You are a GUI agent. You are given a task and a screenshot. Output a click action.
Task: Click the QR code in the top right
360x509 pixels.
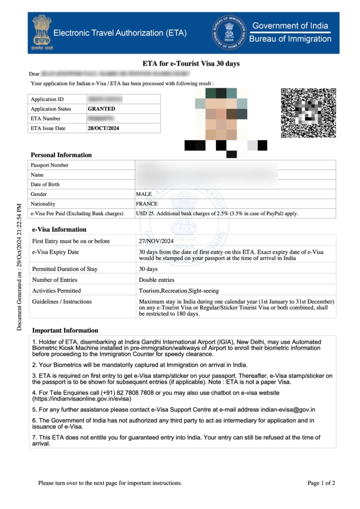click(308, 113)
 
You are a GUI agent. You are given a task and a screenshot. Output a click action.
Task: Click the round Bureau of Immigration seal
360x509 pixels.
click(228, 32)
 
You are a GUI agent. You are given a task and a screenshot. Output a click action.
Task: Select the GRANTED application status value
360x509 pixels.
click(101, 109)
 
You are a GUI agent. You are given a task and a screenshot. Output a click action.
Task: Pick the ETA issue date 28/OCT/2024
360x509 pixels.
click(103, 128)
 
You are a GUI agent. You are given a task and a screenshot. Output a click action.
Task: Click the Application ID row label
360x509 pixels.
click(47, 99)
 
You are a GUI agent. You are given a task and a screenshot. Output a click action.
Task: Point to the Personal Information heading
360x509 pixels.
click(61, 155)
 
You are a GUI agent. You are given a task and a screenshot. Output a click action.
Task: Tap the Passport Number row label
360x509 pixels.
click(50, 165)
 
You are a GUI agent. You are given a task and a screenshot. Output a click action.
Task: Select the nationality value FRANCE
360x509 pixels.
click(147, 204)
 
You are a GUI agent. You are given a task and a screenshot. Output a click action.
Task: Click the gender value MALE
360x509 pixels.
click(144, 194)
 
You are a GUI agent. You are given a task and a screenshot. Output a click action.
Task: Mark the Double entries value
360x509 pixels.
click(157, 280)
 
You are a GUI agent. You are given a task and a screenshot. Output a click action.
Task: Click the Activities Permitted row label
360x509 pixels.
click(56, 291)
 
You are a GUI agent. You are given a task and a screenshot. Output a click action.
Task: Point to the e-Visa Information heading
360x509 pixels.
click(59, 230)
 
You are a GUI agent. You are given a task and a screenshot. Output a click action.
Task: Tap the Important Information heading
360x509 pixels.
click(65, 331)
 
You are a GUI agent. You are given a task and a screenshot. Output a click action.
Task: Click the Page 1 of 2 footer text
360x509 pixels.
click(321, 483)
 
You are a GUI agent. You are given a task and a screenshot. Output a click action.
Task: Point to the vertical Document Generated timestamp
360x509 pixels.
click(19, 267)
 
